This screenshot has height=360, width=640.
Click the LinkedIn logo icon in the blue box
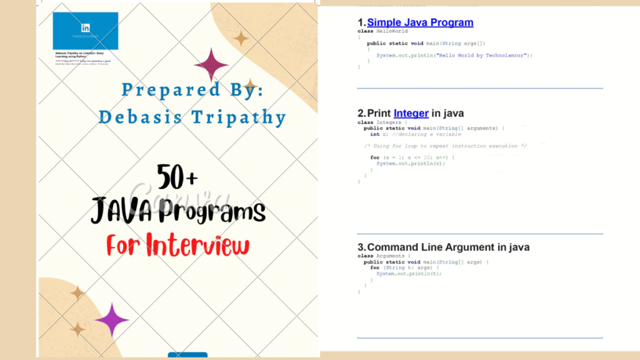[x=86, y=28]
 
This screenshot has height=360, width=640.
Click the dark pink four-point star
[x=211, y=64]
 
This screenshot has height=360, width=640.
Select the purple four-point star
[x=112, y=320]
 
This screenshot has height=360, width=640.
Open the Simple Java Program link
[x=420, y=23]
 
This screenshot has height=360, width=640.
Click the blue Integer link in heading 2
[x=411, y=113]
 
